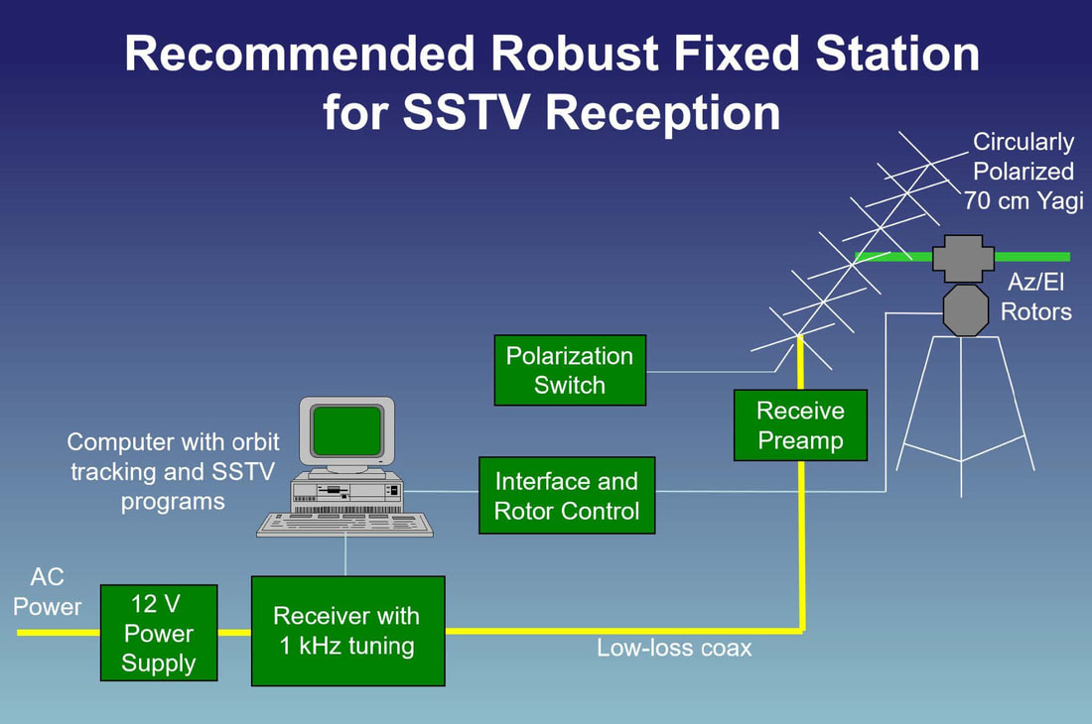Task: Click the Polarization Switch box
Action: click(x=570, y=370)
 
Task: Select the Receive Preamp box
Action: click(x=800, y=424)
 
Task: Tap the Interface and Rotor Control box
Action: click(x=567, y=495)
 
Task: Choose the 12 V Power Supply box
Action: click(x=160, y=633)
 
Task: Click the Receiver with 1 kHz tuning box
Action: click(x=347, y=631)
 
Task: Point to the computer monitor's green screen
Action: click(x=346, y=430)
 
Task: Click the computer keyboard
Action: click(x=344, y=524)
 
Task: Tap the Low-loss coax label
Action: click(x=674, y=649)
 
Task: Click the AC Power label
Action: click(x=47, y=592)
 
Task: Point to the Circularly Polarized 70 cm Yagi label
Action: click(x=1023, y=171)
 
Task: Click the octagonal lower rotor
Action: click(x=961, y=309)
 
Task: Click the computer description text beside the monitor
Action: click(x=173, y=471)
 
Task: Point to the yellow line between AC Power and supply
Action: click(x=59, y=632)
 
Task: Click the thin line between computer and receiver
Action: click(x=345, y=556)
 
